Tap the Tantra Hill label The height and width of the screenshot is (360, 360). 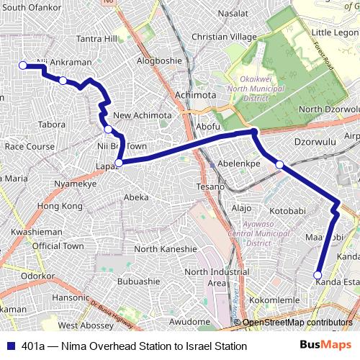(x=96, y=38)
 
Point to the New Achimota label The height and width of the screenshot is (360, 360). (x=143, y=115)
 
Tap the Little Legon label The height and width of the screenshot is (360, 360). (x=335, y=33)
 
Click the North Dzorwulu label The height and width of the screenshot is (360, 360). (x=329, y=109)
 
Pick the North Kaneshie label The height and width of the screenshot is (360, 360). (x=166, y=249)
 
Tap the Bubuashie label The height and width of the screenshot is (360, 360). (x=138, y=281)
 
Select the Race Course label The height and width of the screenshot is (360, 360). (x=30, y=146)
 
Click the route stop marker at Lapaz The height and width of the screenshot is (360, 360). (x=119, y=163)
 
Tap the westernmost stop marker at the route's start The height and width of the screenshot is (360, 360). (x=22, y=66)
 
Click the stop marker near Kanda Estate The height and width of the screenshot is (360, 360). (x=318, y=274)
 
